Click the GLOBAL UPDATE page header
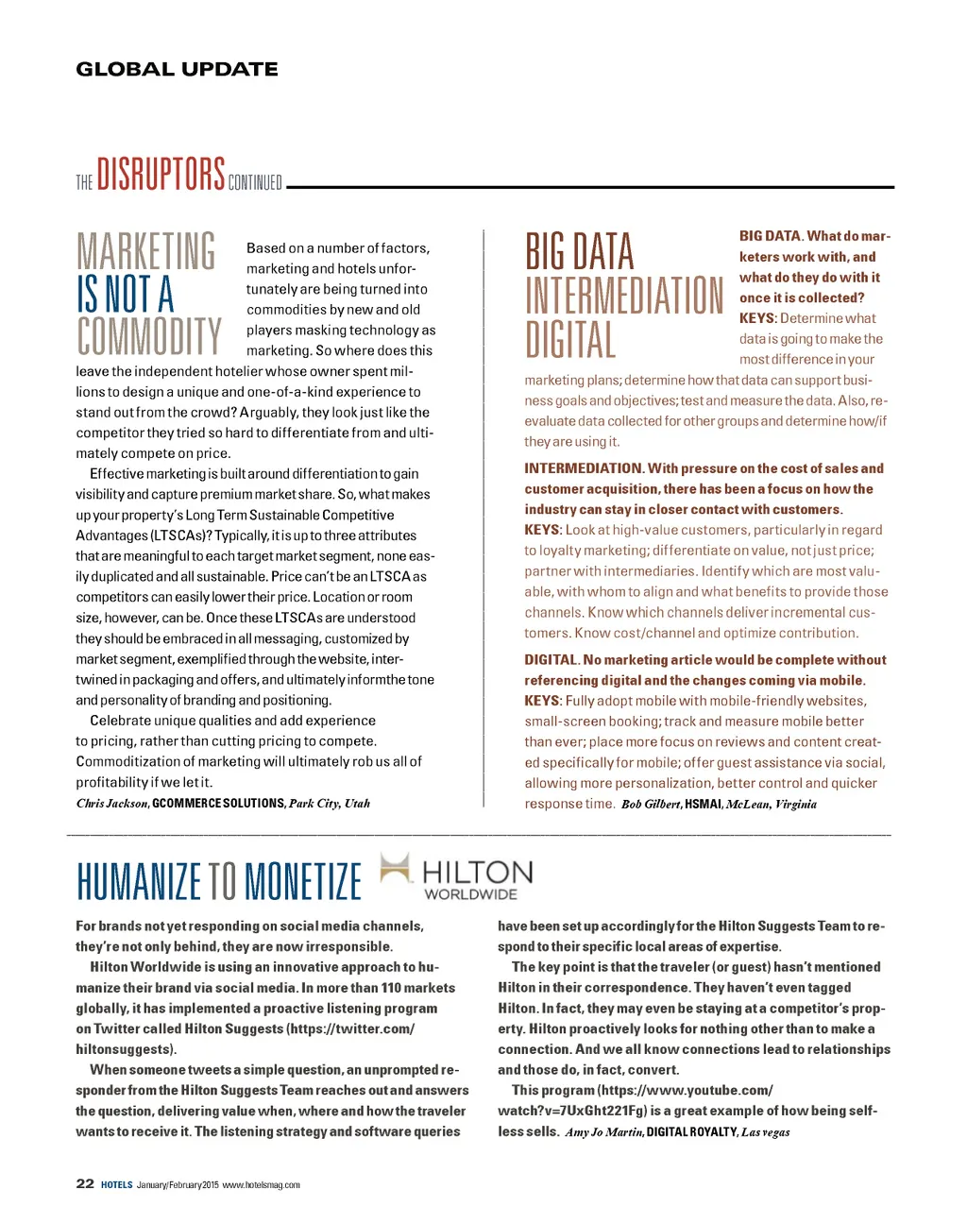tap(177, 69)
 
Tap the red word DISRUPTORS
tap(161, 175)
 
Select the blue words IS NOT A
tap(126, 294)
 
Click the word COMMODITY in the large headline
tap(149, 337)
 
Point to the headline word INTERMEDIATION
tap(624, 296)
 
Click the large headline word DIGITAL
tap(570, 340)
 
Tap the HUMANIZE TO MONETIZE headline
tap(219, 881)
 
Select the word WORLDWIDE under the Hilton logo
tap(470, 894)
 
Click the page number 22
tap(85, 1183)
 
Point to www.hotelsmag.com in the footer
tap(262, 1185)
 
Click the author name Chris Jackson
tap(111, 804)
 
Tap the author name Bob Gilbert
tap(651, 805)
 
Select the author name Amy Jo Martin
tap(603, 1132)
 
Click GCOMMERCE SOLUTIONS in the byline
tap(218, 804)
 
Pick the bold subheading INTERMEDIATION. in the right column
tap(584, 468)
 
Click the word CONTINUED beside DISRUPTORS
tap(255, 182)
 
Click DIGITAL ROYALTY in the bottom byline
tap(691, 1132)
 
